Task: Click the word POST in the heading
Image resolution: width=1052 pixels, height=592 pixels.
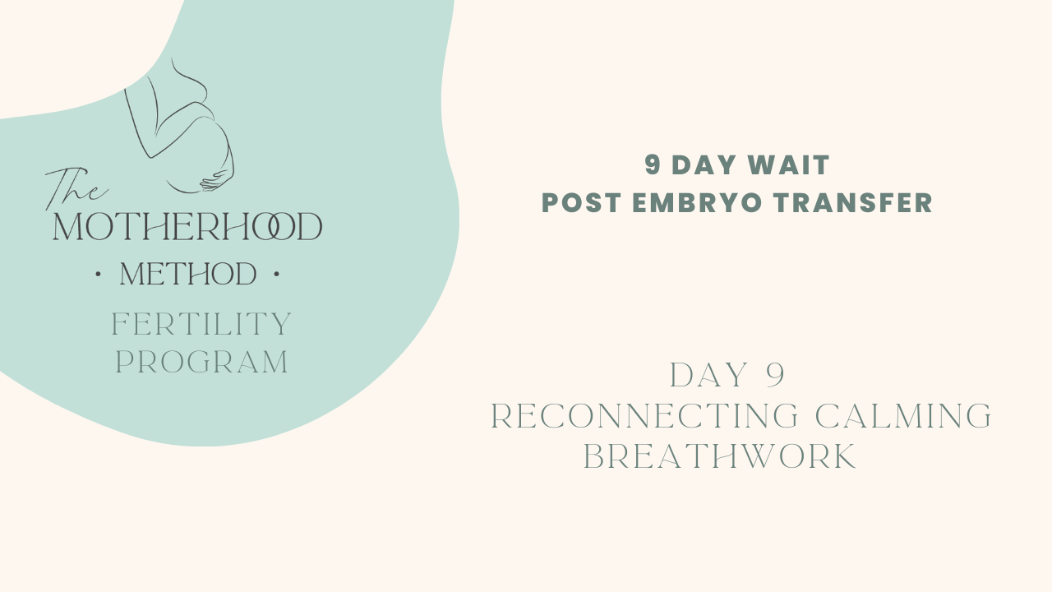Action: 579,203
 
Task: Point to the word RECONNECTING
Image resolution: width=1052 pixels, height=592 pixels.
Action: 644,417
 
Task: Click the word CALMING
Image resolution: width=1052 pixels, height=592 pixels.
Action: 903,417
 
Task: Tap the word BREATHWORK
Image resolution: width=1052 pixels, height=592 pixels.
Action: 720,457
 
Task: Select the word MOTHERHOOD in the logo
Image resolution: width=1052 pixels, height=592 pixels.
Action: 187,228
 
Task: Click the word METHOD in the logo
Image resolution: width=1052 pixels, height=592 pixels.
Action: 188,275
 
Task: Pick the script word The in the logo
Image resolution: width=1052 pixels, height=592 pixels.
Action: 74,187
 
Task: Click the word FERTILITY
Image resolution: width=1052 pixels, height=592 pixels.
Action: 201,325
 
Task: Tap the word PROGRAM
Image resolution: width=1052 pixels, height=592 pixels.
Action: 202,363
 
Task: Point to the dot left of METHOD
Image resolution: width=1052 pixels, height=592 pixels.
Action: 99,274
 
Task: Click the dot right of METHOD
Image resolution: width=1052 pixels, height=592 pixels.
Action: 276,274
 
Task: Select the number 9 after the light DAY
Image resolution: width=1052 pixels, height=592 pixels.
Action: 774,376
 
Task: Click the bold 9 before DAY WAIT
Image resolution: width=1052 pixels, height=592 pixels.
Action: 653,165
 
